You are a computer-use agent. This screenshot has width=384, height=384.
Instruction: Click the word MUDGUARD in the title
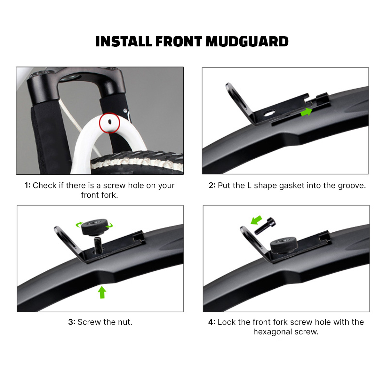(247, 42)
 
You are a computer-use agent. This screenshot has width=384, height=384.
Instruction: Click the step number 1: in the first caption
(28, 186)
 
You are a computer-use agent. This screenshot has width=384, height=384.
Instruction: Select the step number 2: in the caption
(212, 186)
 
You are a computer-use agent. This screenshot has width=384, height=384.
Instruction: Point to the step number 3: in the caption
(72, 322)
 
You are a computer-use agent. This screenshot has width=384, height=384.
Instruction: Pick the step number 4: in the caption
(212, 322)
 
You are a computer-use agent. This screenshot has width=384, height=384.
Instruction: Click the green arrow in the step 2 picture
(306, 112)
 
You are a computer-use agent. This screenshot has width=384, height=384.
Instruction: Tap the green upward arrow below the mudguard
(102, 292)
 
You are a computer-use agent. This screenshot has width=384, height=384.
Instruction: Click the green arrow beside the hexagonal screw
(256, 220)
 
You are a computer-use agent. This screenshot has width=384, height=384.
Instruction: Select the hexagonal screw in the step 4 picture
(265, 226)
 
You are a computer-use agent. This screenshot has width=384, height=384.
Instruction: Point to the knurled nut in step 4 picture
(284, 245)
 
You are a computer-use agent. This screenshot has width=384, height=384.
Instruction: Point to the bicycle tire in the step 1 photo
(138, 163)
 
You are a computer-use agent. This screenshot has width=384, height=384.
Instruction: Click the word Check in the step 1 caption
(44, 186)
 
